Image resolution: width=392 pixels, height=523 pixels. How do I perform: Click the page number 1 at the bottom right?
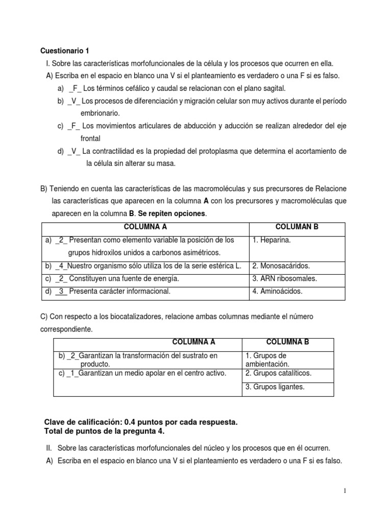345,491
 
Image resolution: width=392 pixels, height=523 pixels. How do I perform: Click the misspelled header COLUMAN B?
297,226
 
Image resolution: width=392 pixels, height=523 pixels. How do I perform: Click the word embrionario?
100,113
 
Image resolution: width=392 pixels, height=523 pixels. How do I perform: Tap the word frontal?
90,138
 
